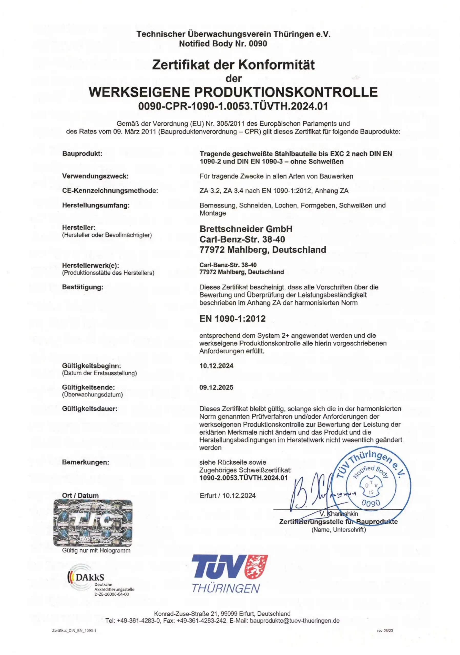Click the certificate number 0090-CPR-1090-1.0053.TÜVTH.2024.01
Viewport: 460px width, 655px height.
click(x=233, y=106)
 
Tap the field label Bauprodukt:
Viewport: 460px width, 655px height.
click(x=82, y=154)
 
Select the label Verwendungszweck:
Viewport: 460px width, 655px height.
click(x=95, y=176)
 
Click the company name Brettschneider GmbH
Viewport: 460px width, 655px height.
click(x=246, y=229)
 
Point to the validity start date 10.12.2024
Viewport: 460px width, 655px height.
click(x=216, y=366)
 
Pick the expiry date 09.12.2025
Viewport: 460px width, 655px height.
click(x=216, y=387)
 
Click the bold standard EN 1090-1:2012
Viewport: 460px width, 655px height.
click(x=232, y=318)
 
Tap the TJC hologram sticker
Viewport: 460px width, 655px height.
click(x=93, y=523)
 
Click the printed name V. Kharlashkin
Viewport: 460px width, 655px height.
click(x=339, y=514)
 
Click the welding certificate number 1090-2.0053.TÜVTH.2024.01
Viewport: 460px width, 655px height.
click(x=243, y=478)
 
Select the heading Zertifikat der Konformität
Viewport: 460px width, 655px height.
click(x=233, y=64)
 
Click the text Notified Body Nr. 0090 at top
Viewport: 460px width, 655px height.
click(x=223, y=44)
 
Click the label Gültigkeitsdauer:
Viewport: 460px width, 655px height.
click(x=89, y=409)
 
